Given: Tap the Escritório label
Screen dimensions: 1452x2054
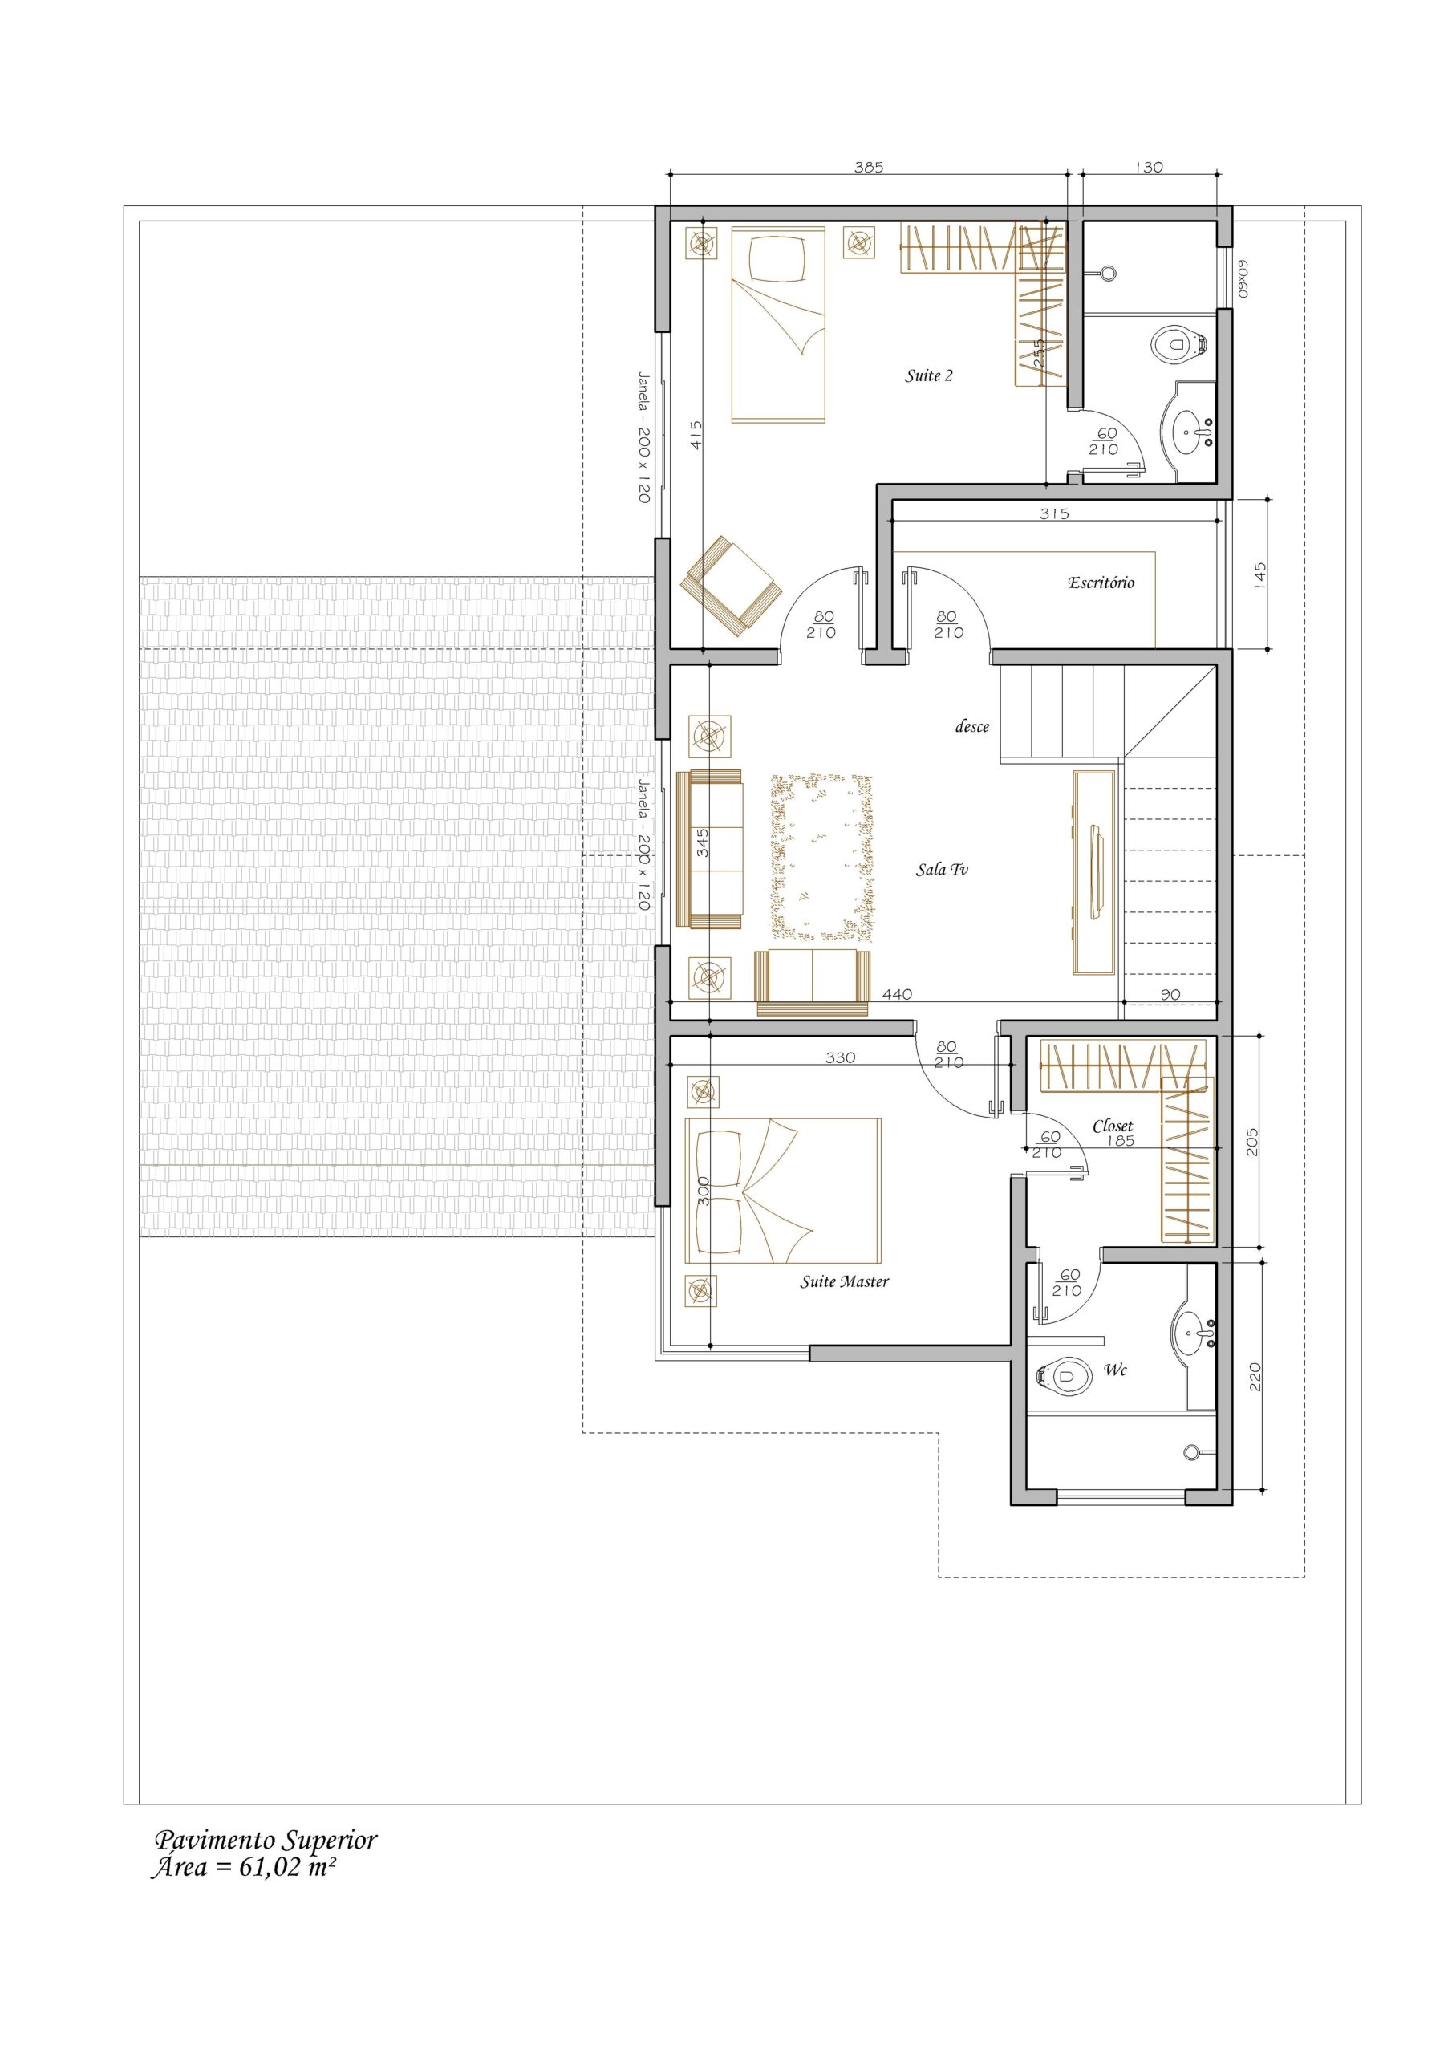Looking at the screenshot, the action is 1101,583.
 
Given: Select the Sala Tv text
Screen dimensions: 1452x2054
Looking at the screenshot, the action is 941,869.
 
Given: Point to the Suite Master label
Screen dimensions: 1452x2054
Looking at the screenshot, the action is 844,1281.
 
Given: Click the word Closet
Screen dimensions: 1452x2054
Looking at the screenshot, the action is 1112,1126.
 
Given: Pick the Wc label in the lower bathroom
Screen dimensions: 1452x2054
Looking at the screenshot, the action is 1115,1370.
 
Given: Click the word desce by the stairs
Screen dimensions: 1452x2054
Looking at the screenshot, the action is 971,726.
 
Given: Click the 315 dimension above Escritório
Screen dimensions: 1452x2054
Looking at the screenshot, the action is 1054,513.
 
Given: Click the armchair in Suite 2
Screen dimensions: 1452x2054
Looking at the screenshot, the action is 731,586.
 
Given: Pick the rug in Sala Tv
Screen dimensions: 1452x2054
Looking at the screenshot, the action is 821,858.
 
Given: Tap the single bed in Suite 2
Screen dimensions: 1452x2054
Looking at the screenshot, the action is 777,325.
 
